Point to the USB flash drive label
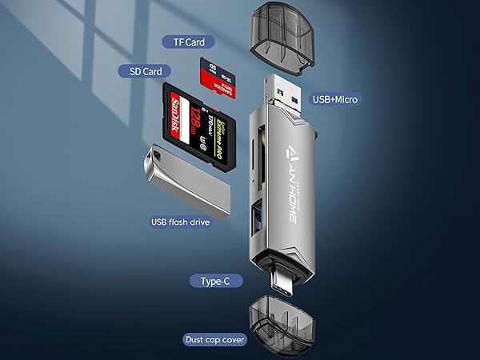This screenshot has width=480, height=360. tap(181, 222)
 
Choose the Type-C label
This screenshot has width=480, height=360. tap(210, 280)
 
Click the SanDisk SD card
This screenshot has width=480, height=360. tap(200, 126)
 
